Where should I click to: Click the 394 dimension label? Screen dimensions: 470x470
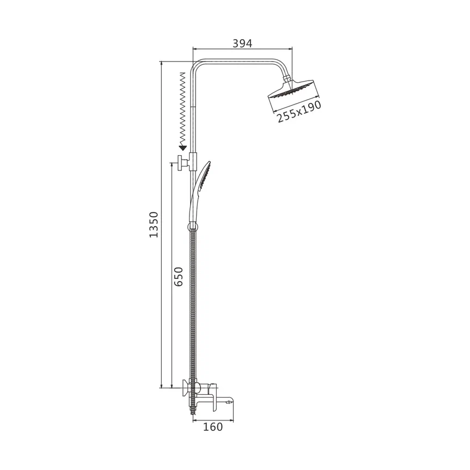[x=242, y=44]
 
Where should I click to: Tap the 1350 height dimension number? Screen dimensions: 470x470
[x=154, y=224]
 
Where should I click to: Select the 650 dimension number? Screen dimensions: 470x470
[x=178, y=276]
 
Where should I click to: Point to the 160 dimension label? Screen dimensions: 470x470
[x=213, y=427]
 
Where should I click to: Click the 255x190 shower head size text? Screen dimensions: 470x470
[x=299, y=111]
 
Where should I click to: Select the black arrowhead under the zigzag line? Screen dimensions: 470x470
[x=182, y=148]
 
